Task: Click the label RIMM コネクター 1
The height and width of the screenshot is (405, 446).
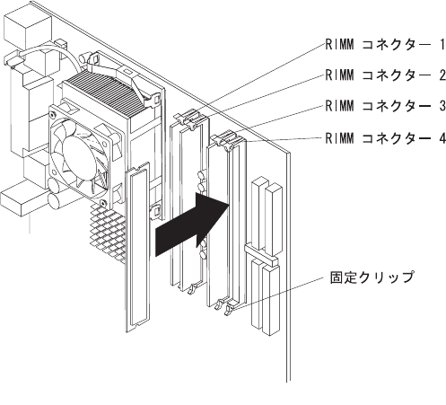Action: click(x=385, y=45)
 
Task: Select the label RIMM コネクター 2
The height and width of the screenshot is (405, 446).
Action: click(x=385, y=75)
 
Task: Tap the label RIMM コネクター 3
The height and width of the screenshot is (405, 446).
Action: click(x=385, y=106)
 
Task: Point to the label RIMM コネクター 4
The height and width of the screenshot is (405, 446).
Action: click(x=385, y=138)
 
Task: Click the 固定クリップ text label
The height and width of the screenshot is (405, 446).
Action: click(x=372, y=277)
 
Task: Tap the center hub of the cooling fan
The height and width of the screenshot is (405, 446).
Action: click(x=80, y=157)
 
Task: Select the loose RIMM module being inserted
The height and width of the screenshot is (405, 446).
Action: click(x=137, y=247)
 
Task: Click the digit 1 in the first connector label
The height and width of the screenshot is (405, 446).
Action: click(x=442, y=45)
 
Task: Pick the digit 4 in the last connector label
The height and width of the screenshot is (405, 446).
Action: click(x=442, y=138)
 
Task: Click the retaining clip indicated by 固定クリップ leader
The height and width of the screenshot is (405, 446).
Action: click(x=230, y=309)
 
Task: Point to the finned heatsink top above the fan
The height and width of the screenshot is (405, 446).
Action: click(x=103, y=92)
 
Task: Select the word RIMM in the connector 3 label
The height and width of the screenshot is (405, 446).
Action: click(x=339, y=106)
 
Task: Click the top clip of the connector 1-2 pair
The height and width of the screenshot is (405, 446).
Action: click(x=189, y=119)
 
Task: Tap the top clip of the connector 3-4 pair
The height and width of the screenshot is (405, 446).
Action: click(x=227, y=139)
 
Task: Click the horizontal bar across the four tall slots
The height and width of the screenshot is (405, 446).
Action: click(x=261, y=254)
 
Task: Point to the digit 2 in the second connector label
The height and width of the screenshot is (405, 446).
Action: click(x=442, y=75)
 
